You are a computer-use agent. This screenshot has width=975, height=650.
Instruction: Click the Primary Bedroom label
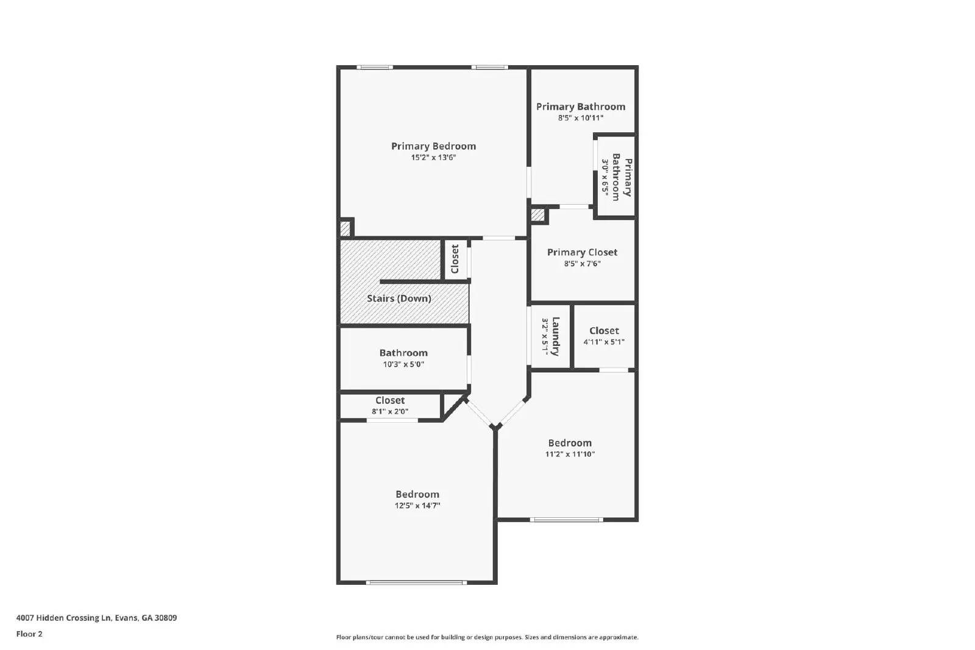click(x=433, y=146)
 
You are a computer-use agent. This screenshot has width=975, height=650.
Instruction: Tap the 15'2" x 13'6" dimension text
click(x=433, y=158)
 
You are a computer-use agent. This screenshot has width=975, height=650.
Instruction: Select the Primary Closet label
click(x=582, y=252)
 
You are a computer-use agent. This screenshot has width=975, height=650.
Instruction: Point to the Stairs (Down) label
click(x=399, y=299)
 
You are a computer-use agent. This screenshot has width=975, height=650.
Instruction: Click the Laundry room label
click(x=556, y=336)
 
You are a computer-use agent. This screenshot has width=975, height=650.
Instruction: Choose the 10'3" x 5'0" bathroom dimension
click(x=403, y=364)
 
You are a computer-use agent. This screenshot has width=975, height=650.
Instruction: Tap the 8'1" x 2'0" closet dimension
click(x=390, y=411)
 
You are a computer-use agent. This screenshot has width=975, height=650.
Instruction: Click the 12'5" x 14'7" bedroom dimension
click(x=417, y=506)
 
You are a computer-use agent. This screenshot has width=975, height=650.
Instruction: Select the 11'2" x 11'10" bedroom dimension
click(x=570, y=454)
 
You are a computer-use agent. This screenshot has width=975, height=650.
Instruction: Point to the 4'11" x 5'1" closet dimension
click(x=604, y=342)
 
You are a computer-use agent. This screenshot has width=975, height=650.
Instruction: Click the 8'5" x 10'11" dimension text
click(x=580, y=118)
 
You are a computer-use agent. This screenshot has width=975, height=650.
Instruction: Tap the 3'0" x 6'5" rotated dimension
click(x=606, y=177)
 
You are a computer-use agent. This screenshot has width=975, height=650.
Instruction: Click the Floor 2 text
click(x=29, y=634)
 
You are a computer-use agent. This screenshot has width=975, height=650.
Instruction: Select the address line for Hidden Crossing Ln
click(x=96, y=618)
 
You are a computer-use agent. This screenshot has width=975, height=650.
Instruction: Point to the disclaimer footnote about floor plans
click(x=487, y=637)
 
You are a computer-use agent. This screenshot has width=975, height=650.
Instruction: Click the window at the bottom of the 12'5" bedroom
click(x=416, y=583)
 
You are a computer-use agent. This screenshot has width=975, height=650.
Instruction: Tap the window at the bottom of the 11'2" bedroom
click(x=566, y=520)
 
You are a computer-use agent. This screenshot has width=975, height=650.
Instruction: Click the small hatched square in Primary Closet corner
click(x=537, y=215)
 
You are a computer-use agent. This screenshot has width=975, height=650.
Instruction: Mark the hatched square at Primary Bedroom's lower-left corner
click(x=345, y=228)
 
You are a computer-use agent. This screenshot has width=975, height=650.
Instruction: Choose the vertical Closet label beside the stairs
click(x=455, y=259)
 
